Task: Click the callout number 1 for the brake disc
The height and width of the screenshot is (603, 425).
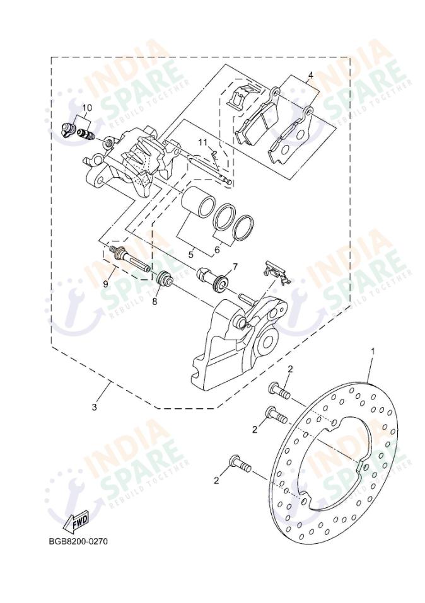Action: tap(373, 350)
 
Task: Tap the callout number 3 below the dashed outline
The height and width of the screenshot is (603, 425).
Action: tap(95, 407)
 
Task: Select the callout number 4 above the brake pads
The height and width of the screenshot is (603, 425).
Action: tap(310, 76)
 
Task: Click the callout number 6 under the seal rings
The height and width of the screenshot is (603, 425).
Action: tap(217, 250)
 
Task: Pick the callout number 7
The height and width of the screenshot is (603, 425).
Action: tap(235, 267)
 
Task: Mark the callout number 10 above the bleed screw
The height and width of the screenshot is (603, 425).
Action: tap(86, 108)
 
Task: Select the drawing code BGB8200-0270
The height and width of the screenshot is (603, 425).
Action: tap(78, 541)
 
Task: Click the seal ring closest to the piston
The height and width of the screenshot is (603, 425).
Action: tap(223, 217)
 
